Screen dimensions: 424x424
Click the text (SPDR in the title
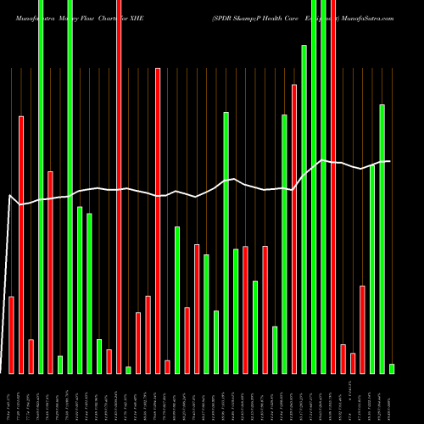[225, 8]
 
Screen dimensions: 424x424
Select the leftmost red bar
[12, 335]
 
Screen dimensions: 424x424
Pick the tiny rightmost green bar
[392, 368]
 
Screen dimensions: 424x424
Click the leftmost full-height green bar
[41, 187]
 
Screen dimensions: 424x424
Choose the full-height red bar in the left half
[119, 187]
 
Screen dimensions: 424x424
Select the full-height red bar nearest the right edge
[333, 187]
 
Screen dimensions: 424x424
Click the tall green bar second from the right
[382, 238]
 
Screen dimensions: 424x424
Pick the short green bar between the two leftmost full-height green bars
[60, 365]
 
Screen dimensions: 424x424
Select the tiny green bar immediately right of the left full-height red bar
[128, 370]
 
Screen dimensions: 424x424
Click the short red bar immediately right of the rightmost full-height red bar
[343, 359]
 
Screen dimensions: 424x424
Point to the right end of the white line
[390, 161]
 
